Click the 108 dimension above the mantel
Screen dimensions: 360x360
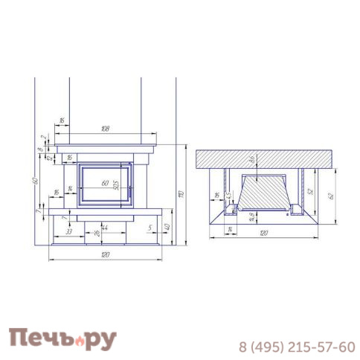[x=105, y=129]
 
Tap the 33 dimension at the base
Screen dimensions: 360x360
[x=68, y=232]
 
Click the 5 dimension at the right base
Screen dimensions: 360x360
[x=150, y=227]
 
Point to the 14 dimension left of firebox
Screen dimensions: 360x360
[x=70, y=190]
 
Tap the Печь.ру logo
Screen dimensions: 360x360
[x=62, y=340]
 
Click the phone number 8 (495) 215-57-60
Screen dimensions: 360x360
[x=296, y=347]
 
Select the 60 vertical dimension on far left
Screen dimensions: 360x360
[x=35, y=181]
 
